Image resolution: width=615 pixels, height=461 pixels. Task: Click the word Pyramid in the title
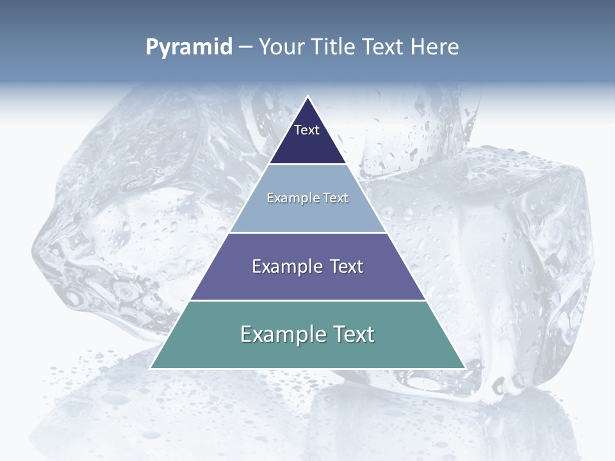pos(189,47)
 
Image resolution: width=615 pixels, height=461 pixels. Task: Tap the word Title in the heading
pos(334,47)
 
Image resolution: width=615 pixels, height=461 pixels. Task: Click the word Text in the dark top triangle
pos(307,130)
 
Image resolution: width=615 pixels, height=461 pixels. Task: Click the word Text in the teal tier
pos(352,334)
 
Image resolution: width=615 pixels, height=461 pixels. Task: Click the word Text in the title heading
pos(382,47)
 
